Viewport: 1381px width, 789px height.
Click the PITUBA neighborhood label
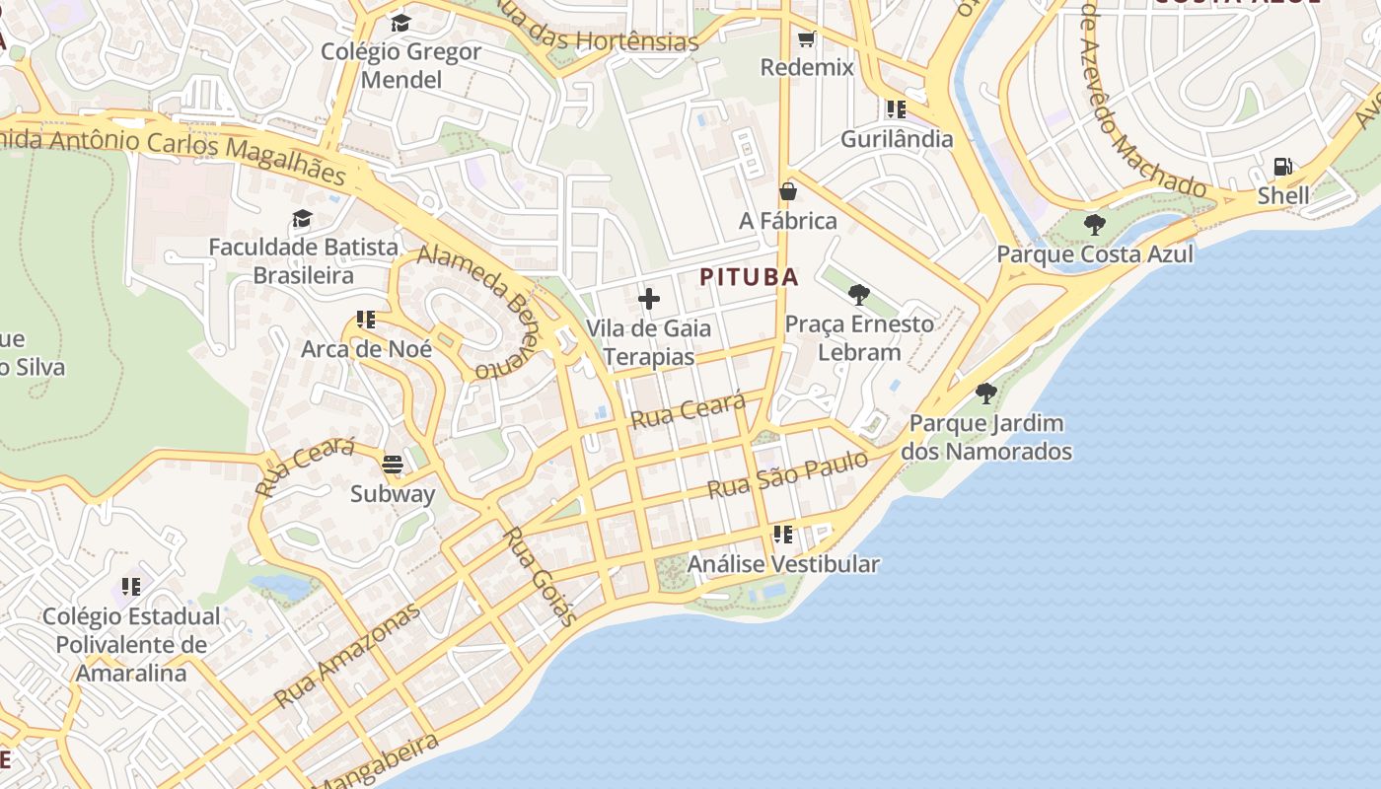pos(749,277)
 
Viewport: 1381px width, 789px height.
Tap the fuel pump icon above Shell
pos(1282,166)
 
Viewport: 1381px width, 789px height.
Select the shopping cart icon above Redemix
pos(806,39)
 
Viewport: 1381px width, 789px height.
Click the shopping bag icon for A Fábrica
pos(787,190)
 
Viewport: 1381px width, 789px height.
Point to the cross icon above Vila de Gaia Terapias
pos(649,298)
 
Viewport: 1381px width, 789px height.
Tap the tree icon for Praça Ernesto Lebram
pos(858,294)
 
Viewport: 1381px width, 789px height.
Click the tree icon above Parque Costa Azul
pos(1094,224)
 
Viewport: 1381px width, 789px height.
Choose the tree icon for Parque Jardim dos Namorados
pos(985,394)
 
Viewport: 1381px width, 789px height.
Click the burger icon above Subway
pos(393,464)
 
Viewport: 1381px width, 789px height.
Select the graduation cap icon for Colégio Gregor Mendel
pos(400,22)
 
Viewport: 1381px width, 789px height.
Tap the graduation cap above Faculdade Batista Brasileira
pos(302,218)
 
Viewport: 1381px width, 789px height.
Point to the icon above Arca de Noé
pos(366,320)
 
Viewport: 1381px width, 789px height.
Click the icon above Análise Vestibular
pos(782,535)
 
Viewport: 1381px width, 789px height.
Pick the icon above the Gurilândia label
pos(896,108)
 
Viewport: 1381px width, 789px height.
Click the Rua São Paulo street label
pos(787,475)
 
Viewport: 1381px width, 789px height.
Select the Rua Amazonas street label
pos(346,655)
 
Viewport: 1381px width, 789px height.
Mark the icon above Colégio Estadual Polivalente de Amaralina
pos(130,587)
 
